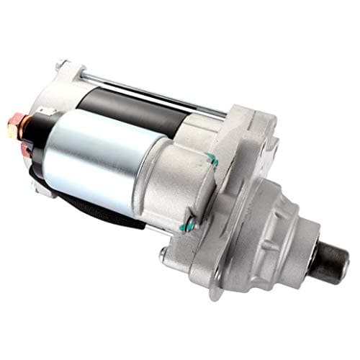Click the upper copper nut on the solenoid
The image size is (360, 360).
(x=14, y=128)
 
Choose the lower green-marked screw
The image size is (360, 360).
(x=189, y=225)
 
